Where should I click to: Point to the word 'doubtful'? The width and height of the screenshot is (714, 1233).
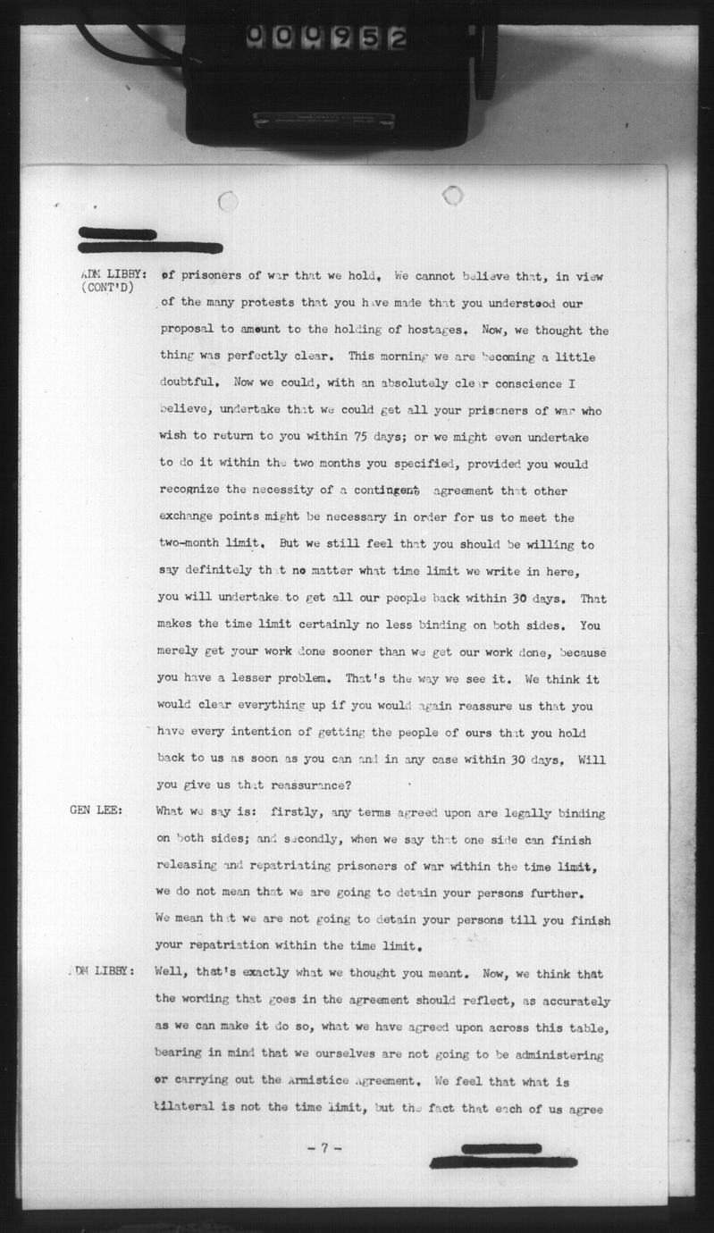(x=187, y=384)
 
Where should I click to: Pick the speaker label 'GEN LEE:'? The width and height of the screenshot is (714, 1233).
(x=97, y=811)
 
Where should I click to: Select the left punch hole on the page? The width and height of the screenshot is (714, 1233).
(x=229, y=201)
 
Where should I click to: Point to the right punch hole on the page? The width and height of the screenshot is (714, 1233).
(x=452, y=195)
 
